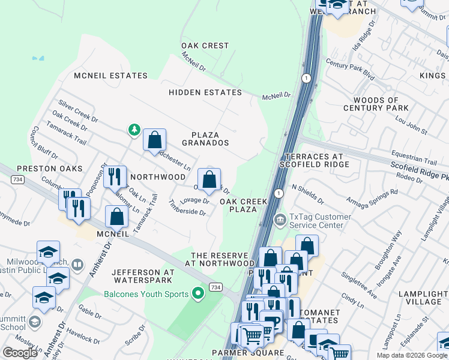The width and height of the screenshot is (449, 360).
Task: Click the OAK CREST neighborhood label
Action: pyautogui.click(x=205, y=46)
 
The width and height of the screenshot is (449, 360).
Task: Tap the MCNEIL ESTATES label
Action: pyautogui.click(x=110, y=76)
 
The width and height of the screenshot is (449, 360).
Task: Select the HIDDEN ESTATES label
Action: pyautogui.click(x=205, y=92)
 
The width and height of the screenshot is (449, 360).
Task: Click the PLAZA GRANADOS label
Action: pyautogui.click(x=210, y=139)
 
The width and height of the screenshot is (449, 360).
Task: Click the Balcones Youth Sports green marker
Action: pyautogui.click(x=197, y=294)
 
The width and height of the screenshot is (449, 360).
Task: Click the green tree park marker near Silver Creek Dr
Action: pyautogui.click(x=135, y=130)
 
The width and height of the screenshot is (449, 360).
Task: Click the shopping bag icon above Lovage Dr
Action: pyautogui.click(x=209, y=179)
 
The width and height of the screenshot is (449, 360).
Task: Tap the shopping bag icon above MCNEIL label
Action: pyautogui.click(x=116, y=217)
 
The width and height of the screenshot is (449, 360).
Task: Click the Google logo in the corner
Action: pyautogui.click(x=20, y=353)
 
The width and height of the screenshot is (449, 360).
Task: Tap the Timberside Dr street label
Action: pyautogui.click(x=187, y=212)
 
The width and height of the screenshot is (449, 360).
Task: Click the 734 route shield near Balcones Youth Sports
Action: pyautogui.click(x=215, y=287)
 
